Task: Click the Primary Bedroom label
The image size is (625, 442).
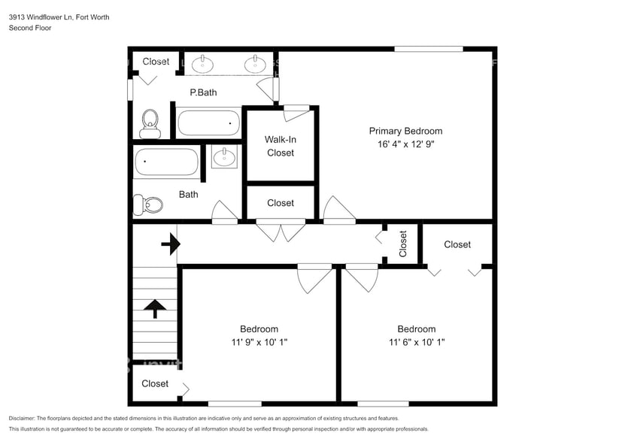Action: (x=405, y=131)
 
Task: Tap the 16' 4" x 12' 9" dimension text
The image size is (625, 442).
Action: (x=405, y=144)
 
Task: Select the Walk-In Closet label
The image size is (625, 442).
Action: (x=280, y=146)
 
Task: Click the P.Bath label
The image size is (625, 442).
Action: (x=203, y=92)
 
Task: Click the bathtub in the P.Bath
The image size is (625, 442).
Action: (x=208, y=123)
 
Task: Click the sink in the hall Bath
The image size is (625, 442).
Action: (x=223, y=156)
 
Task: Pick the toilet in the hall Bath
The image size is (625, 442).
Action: (x=149, y=203)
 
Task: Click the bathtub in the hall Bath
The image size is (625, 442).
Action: (x=166, y=162)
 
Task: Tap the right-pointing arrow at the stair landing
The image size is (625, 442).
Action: (x=171, y=244)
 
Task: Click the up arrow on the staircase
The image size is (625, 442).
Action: (x=155, y=307)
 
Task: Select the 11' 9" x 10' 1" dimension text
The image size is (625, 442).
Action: (x=259, y=343)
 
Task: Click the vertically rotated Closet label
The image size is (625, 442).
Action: (x=402, y=244)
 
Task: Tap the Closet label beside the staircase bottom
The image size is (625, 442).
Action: (x=155, y=383)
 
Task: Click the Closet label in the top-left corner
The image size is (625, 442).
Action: (x=156, y=62)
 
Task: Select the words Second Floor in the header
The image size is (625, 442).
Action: (x=30, y=28)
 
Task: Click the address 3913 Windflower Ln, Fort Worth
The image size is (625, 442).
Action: (x=59, y=17)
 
